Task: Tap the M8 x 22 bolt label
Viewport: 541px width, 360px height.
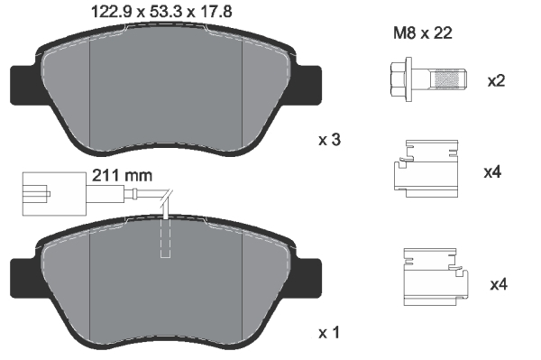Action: (421, 34)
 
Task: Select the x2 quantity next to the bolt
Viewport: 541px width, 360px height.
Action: (496, 81)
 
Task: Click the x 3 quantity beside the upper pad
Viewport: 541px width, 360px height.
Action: (330, 140)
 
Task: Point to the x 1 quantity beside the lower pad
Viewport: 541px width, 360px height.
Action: (330, 333)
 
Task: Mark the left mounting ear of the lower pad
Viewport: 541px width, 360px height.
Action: (23, 274)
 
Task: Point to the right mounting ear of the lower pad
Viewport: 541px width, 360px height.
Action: (308, 274)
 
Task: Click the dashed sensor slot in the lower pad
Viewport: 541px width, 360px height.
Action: (165, 236)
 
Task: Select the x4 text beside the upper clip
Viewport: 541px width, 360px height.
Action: (491, 171)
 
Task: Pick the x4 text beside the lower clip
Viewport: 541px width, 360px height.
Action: (498, 285)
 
